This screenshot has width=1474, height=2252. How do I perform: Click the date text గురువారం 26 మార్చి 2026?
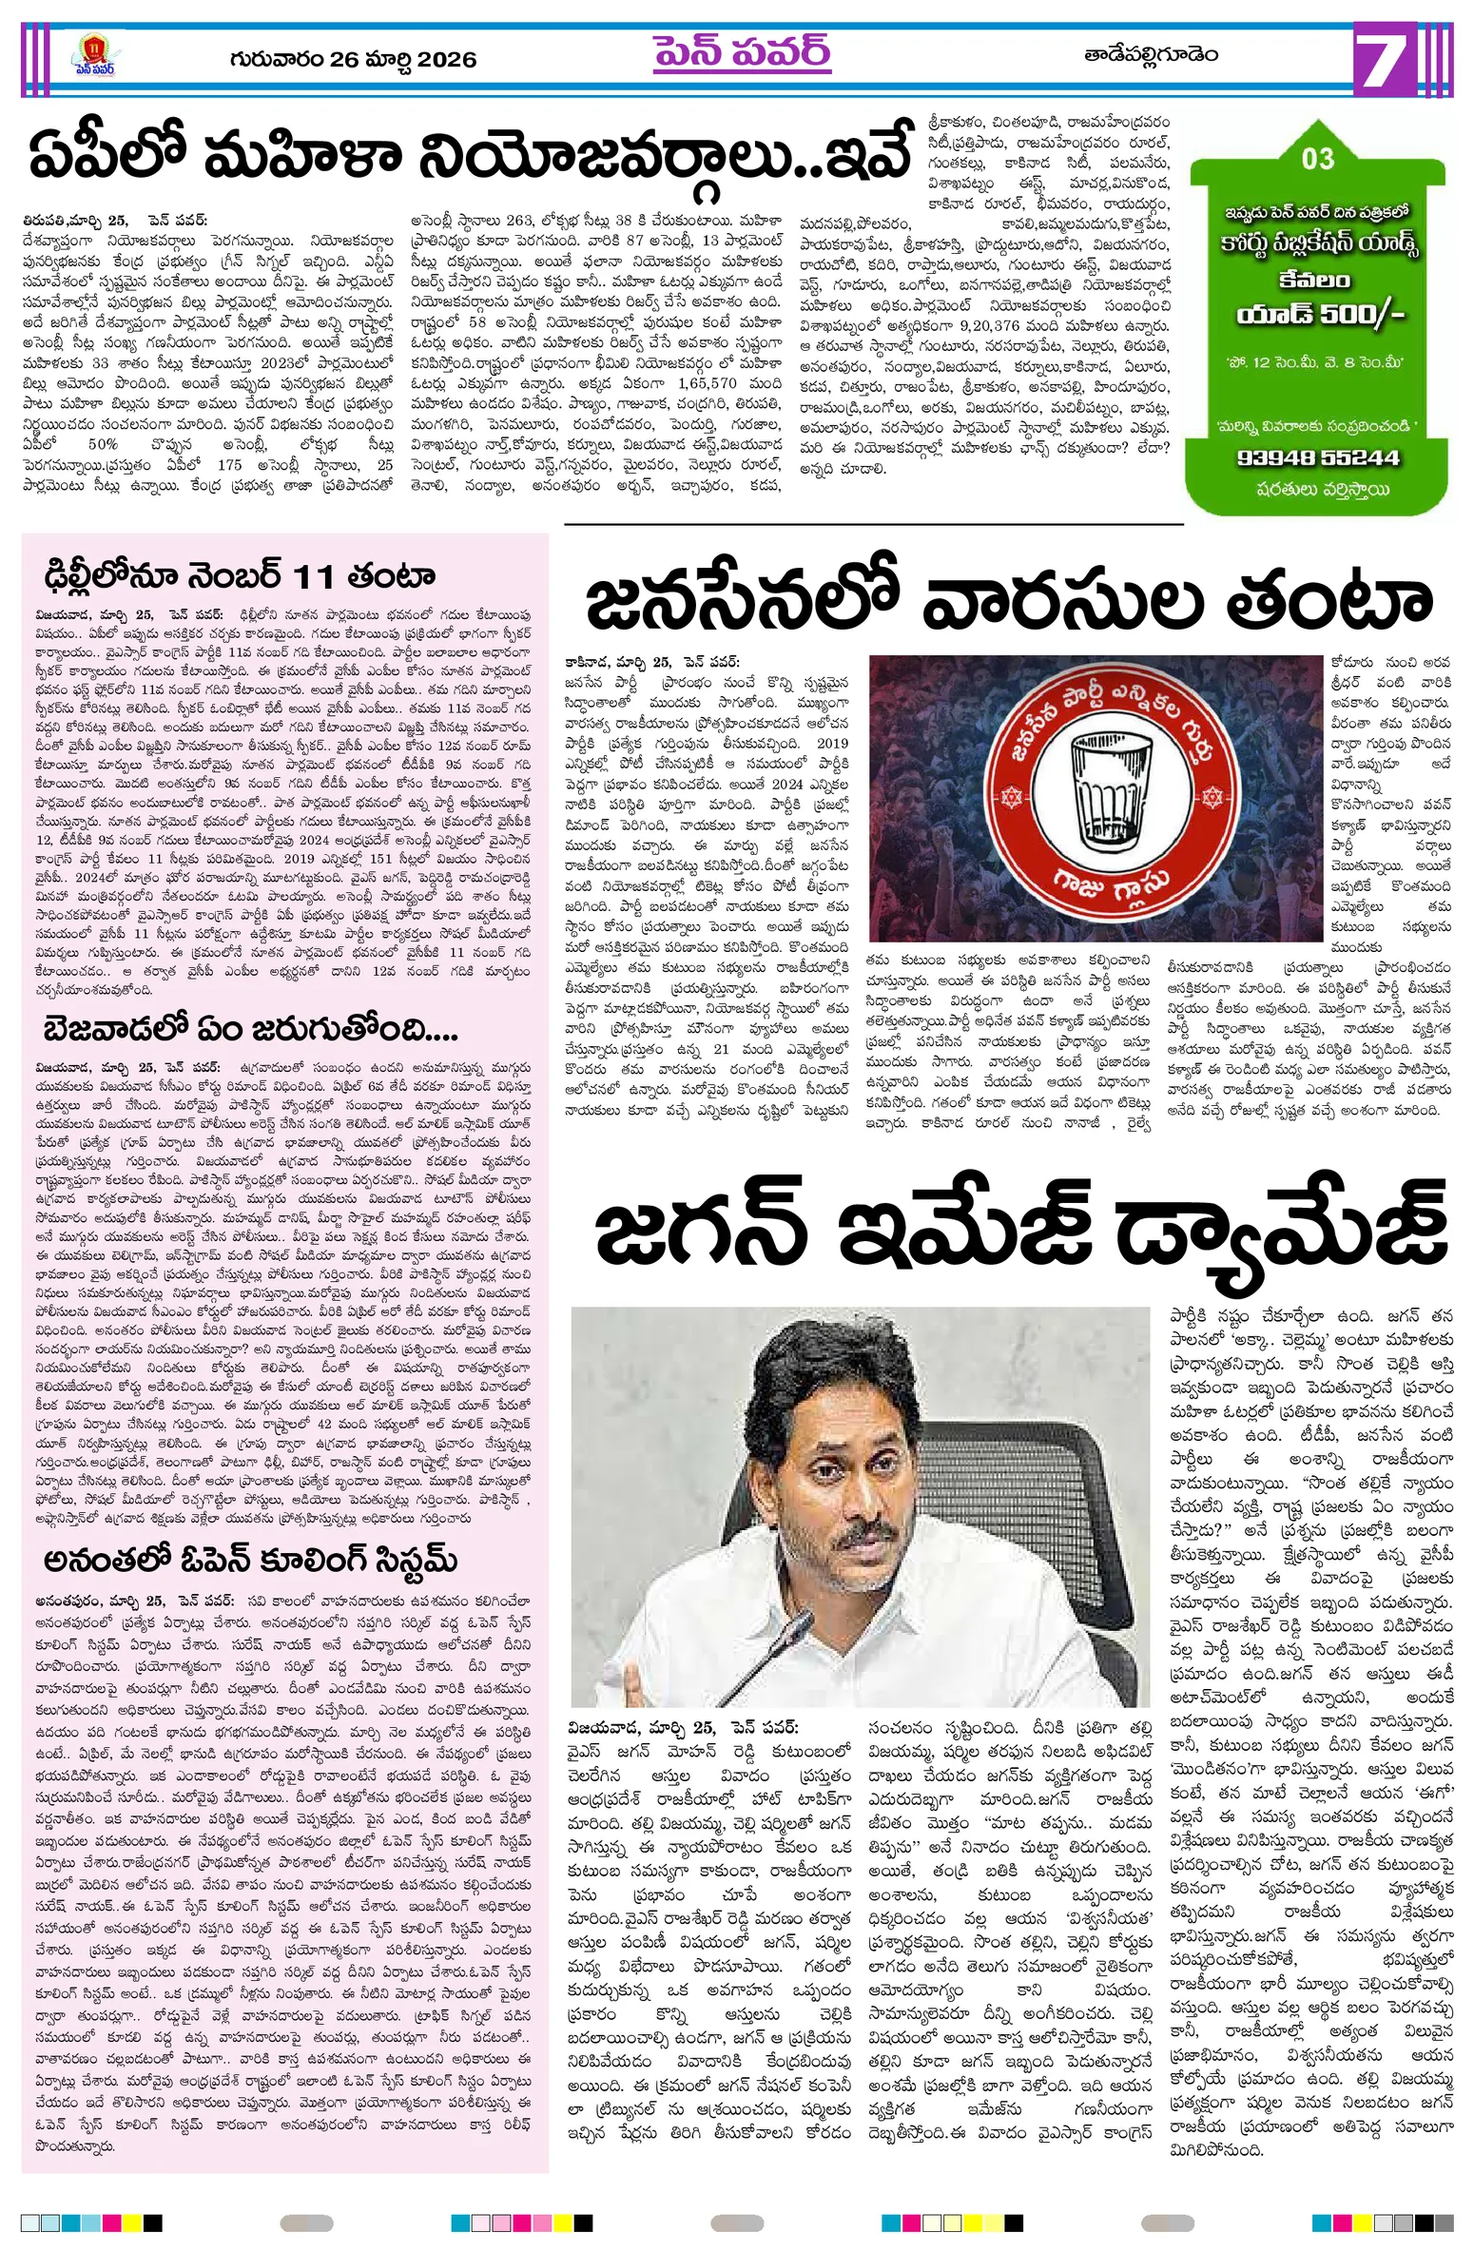352,59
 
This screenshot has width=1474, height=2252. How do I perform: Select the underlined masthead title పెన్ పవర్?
742,53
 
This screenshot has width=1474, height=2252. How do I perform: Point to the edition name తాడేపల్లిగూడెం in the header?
1151,55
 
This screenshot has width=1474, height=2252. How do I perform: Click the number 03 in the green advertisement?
1318,159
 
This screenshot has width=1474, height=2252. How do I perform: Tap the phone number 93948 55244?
1318,456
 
